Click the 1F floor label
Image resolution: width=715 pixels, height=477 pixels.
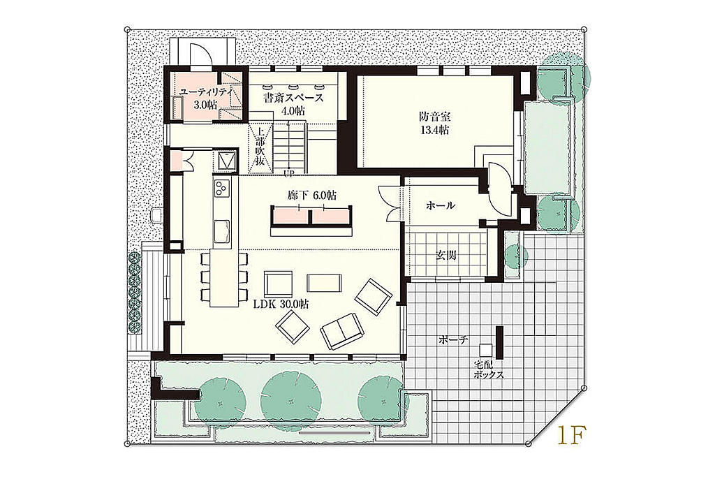point(569,436)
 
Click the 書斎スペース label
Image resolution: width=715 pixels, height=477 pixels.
point(294,98)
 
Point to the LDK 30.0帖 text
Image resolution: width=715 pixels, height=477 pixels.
point(281,304)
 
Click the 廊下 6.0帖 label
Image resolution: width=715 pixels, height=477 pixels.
point(312,196)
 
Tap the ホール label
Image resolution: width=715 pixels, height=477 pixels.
point(440,205)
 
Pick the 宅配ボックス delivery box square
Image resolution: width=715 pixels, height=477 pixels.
point(486,350)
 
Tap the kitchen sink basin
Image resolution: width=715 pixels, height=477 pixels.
point(223,230)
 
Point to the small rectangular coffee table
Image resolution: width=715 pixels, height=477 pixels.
point(324,283)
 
